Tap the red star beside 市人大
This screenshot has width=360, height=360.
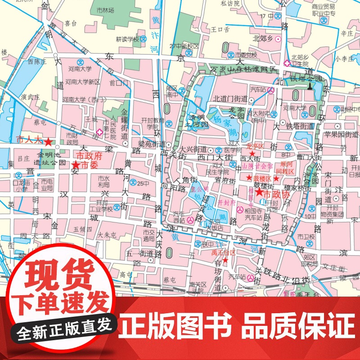click(x=48, y=142)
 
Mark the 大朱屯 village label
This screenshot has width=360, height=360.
click(x=107, y=234)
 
